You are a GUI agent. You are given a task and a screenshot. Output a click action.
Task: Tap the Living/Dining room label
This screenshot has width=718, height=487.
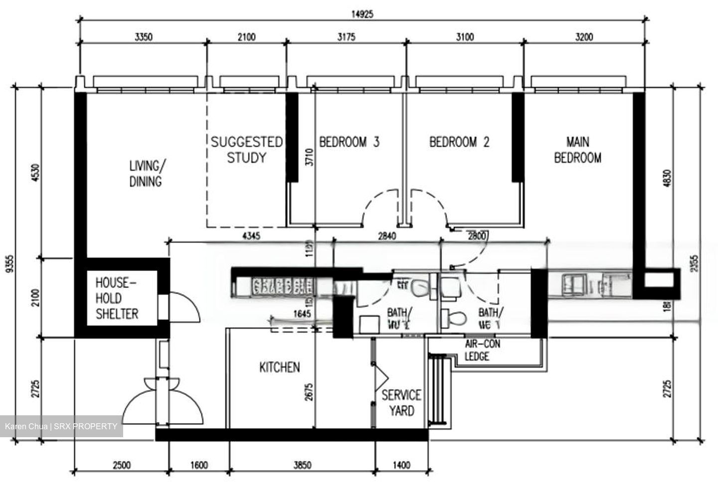click(146, 173)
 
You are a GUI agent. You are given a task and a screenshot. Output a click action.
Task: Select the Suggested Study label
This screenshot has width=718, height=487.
click(246, 150)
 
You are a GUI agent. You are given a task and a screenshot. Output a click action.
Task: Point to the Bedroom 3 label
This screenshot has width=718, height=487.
click(349, 142)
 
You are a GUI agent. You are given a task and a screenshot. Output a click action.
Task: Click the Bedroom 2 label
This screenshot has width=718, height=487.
click(459, 142)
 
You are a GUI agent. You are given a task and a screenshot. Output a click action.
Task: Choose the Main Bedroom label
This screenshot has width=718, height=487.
click(577, 150)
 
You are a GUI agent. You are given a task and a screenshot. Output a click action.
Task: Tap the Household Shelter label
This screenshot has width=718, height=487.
click(117, 298)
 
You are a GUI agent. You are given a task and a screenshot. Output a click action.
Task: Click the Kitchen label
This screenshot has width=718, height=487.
click(279, 367)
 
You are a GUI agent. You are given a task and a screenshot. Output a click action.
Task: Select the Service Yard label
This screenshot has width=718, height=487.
click(401, 403)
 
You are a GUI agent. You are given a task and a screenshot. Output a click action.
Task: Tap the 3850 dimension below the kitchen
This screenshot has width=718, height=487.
click(302, 465)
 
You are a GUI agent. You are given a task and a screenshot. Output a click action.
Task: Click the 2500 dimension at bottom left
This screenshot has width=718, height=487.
click(122, 465)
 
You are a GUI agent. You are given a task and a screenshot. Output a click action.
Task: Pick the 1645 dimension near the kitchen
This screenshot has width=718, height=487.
click(302, 314)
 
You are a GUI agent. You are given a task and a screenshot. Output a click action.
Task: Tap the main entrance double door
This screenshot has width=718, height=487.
click(164, 403)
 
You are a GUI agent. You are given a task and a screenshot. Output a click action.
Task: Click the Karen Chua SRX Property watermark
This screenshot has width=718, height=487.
click(61, 427)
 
